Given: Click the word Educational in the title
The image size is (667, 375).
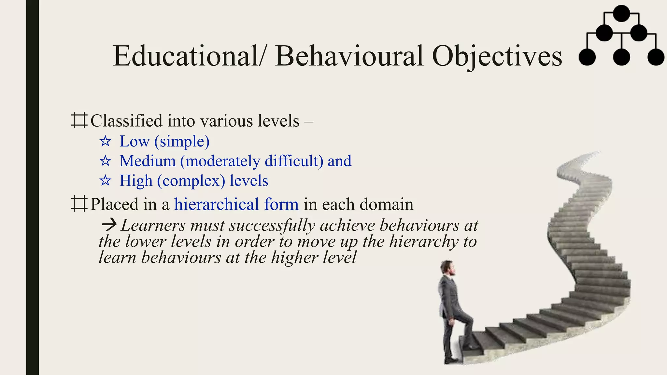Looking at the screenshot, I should (186, 56).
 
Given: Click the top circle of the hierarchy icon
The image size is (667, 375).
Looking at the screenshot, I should (621, 14).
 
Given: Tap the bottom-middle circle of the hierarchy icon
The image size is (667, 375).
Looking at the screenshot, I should (621, 57).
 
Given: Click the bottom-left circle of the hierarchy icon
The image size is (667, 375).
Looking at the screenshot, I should (587, 57).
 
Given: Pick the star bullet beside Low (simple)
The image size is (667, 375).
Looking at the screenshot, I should (105, 141).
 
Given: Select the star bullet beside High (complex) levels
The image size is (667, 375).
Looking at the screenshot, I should (105, 180).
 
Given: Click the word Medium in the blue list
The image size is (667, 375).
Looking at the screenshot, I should (148, 161).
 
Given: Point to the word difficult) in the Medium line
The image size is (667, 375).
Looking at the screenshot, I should (294, 161).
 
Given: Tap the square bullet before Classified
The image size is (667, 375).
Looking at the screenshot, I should (79, 120).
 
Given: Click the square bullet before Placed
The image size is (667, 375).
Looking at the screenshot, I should (79, 204).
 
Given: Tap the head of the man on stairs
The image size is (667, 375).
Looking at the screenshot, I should (447, 268).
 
